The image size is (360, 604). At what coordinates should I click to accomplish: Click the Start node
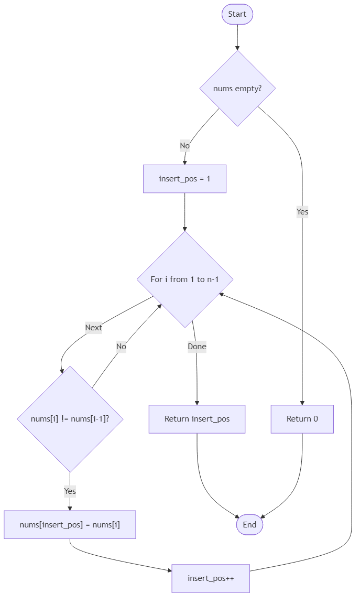click(237, 14)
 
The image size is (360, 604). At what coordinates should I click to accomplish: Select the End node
click(249, 524)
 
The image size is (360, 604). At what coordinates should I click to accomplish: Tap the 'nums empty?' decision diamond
click(237, 89)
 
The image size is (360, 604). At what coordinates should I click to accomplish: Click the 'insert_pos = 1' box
click(184, 179)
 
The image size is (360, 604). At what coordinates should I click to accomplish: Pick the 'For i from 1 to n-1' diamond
click(184, 279)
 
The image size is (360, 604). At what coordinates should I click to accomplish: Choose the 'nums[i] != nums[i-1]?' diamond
click(70, 419)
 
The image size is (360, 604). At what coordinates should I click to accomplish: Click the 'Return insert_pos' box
click(197, 419)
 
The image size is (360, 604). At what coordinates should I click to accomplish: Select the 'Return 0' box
click(302, 419)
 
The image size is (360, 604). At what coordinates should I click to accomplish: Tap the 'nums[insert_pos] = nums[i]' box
click(70, 524)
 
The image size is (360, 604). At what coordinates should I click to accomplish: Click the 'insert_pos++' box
click(211, 578)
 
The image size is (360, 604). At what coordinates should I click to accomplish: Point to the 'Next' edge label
click(93, 328)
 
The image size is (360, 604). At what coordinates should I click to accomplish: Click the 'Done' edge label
click(197, 347)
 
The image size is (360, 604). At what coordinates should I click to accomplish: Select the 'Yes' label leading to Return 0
click(302, 212)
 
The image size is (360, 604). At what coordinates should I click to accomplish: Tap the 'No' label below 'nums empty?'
click(184, 146)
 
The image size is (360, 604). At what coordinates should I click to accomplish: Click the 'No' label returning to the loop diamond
click(121, 347)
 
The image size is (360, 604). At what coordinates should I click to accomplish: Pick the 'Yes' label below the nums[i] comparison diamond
click(70, 491)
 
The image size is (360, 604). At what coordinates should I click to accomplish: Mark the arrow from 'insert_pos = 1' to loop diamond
click(184, 212)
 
